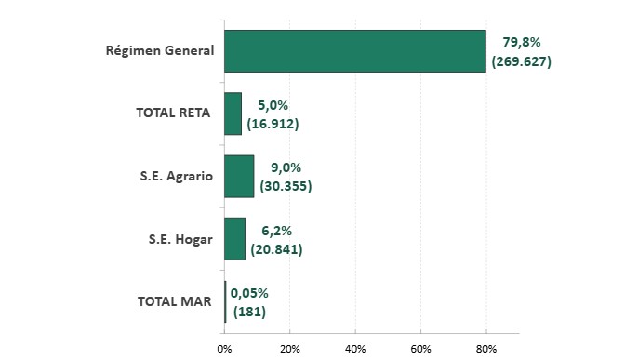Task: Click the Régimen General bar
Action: [355, 51]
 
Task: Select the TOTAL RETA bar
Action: [233, 113]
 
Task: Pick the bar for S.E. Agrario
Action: [239, 176]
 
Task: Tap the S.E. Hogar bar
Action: [234, 239]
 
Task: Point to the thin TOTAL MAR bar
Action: [225, 301]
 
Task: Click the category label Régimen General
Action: [160, 51]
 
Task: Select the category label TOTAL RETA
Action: [173, 113]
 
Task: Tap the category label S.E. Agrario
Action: [176, 176]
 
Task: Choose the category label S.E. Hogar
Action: [180, 239]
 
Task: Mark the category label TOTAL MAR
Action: [175, 301]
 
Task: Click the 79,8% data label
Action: [522, 42]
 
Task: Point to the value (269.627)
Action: [522, 61]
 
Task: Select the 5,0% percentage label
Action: [273, 105]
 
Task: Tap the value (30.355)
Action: [286, 186]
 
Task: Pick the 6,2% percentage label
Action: [276, 231]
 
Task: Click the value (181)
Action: [249, 311]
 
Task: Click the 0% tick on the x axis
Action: [224, 349]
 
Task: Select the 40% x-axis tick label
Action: [355, 349]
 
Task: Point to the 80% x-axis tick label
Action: [486, 349]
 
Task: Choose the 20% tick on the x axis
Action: [290, 349]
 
